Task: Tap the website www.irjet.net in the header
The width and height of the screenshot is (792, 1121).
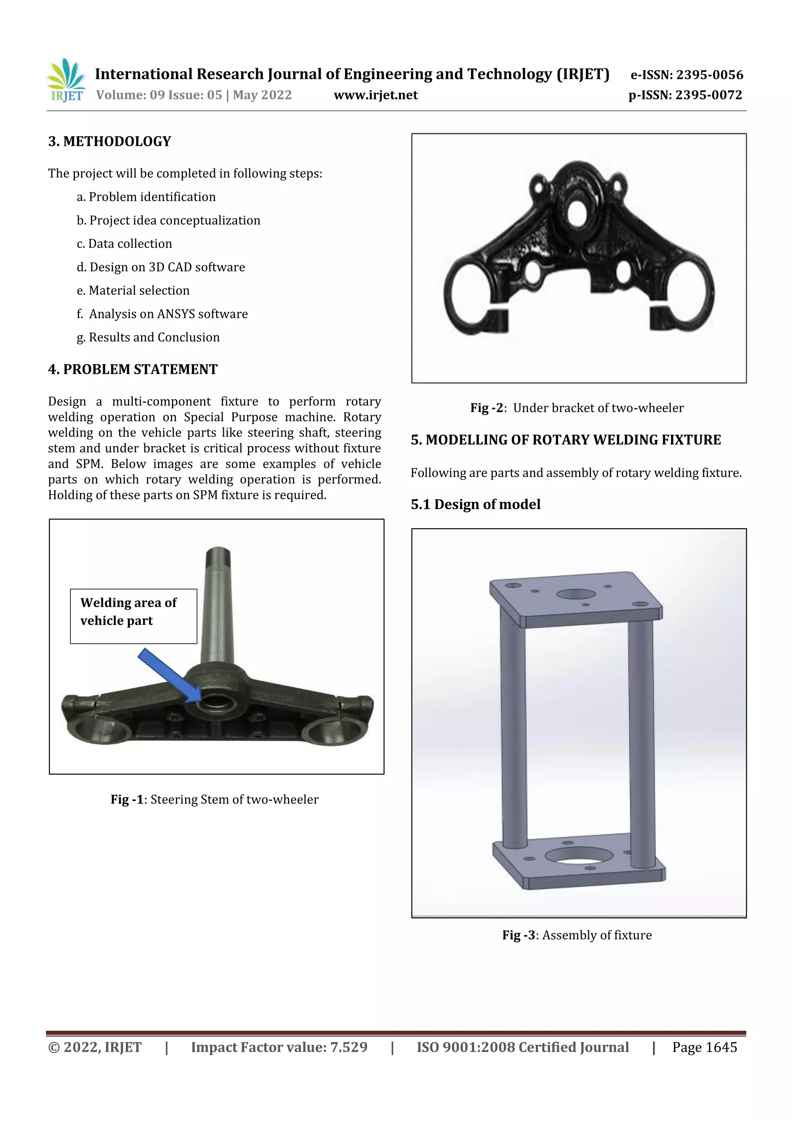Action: point(375,95)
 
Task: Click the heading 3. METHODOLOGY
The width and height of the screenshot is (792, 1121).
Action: point(109,142)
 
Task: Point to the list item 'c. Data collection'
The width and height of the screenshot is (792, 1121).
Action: point(124,244)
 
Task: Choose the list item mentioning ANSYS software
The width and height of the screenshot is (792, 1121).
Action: point(162,314)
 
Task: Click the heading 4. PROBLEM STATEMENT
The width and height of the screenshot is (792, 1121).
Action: point(133,370)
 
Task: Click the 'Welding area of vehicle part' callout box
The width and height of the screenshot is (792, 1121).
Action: point(133,616)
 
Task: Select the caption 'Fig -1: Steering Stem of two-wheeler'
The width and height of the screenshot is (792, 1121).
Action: point(214,799)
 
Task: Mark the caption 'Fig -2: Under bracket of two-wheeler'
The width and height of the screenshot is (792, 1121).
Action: point(577,408)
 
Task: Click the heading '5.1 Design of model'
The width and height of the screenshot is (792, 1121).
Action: point(475,504)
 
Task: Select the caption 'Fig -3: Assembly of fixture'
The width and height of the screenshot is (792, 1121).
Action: point(577,935)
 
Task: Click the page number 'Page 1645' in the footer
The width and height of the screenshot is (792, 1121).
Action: point(704,1047)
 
